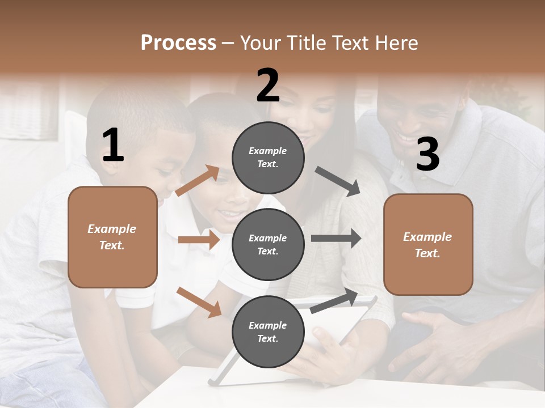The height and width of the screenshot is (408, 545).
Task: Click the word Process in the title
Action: click(178, 43)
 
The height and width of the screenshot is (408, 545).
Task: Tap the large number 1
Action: click(113, 146)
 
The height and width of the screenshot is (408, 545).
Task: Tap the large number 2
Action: click(268, 86)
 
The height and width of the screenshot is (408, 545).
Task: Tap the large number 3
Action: click(427, 155)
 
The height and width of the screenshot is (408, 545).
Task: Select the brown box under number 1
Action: click(112, 237)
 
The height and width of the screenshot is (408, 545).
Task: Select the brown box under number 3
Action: click(428, 245)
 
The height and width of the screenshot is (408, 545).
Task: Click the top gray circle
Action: click(268, 158)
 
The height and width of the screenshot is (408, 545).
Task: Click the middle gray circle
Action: click(268, 245)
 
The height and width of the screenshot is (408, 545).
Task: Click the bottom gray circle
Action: click(268, 332)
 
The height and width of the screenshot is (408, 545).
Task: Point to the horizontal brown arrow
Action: click(198, 240)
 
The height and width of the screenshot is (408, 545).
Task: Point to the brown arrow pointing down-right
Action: click(199, 302)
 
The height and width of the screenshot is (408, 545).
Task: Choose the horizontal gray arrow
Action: click(336, 239)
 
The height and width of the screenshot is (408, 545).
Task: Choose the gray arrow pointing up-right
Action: click(334, 301)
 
